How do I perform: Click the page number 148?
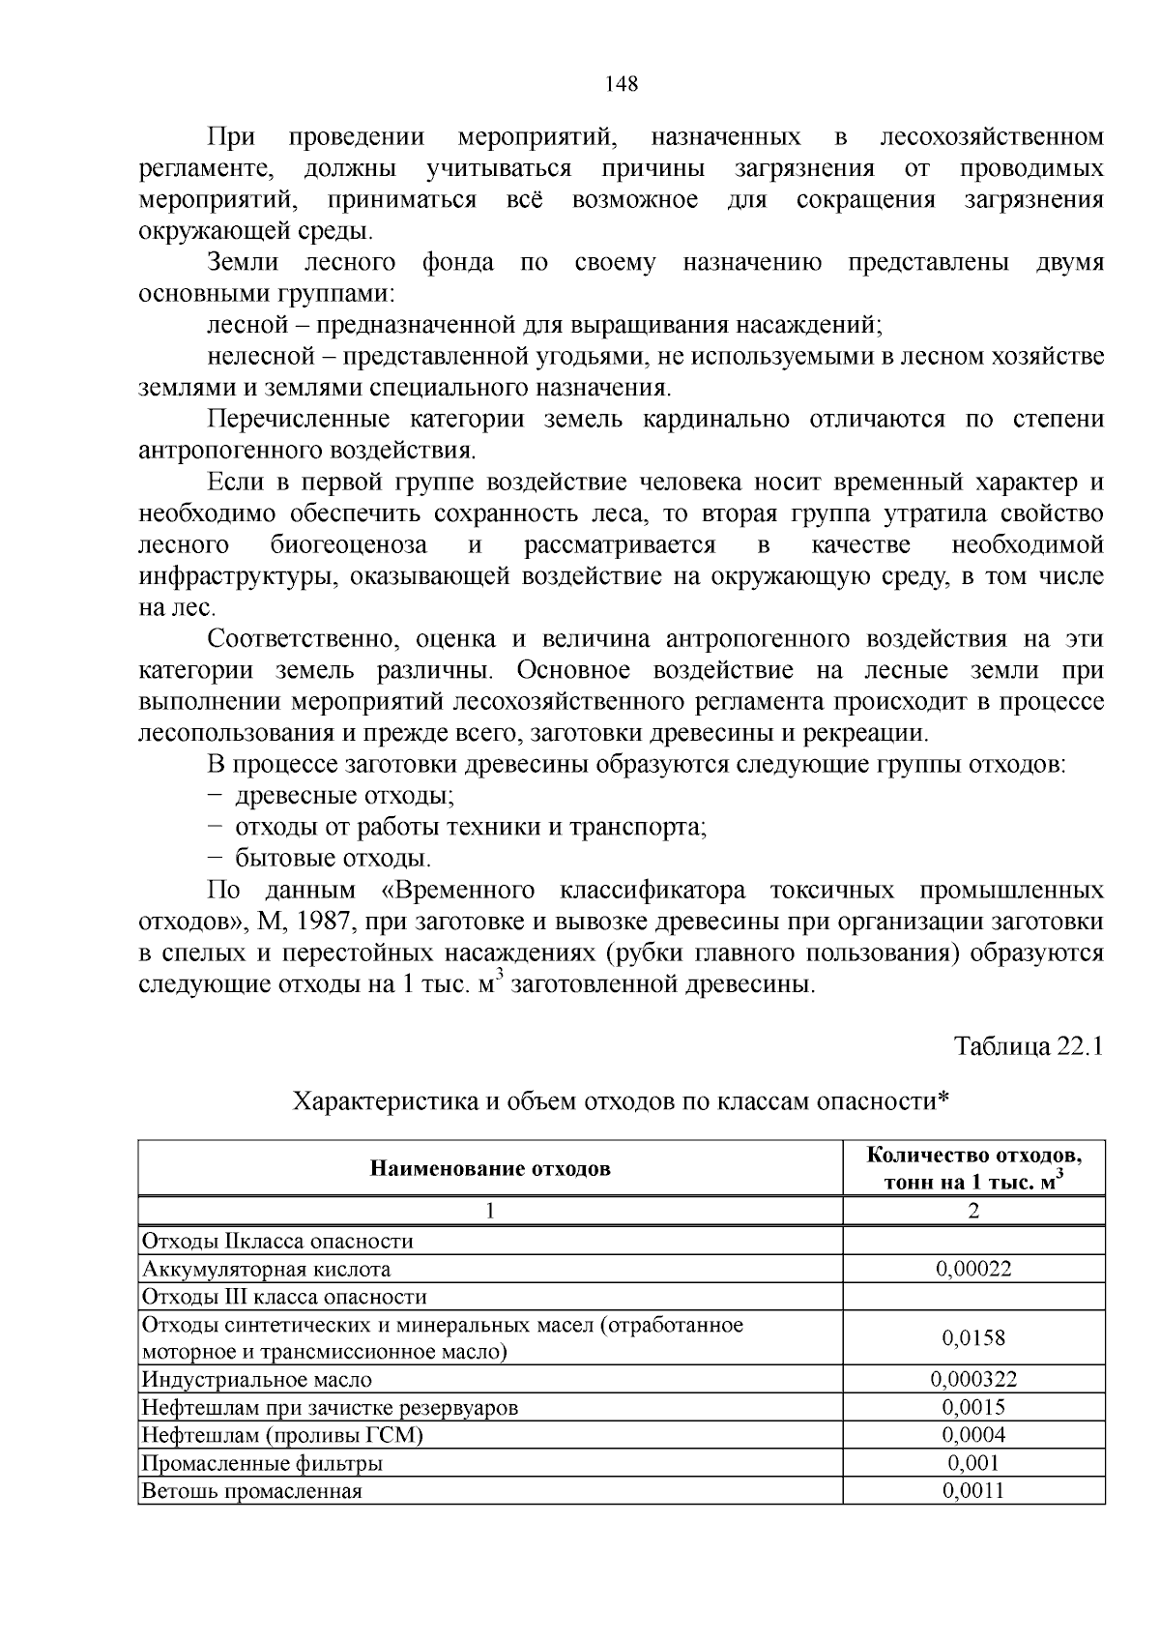point(622,83)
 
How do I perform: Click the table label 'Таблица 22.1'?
point(1029,1046)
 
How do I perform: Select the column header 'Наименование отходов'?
point(490,1168)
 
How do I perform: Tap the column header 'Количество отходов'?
point(973,1156)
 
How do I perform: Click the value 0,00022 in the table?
point(973,1269)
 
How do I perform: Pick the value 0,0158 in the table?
point(973,1337)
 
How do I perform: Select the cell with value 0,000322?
point(973,1380)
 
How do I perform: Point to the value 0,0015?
point(973,1407)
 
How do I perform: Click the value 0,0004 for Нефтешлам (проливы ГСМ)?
point(973,1435)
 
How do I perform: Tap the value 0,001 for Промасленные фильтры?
point(973,1463)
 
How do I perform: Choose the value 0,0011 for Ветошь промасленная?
point(973,1490)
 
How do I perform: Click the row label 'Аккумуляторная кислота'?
point(267,1269)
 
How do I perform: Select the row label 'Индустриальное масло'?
point(257,1380)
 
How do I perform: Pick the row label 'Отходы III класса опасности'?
point(284,1297)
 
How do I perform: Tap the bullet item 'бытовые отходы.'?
point(333,858)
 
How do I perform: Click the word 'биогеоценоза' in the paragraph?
point(349,545)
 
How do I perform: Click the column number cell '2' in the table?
point(973,1211)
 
